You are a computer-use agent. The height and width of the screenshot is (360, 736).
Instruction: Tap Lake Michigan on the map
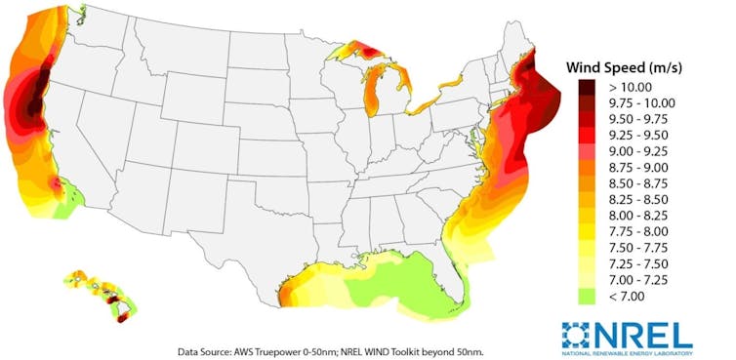(374, 93)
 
